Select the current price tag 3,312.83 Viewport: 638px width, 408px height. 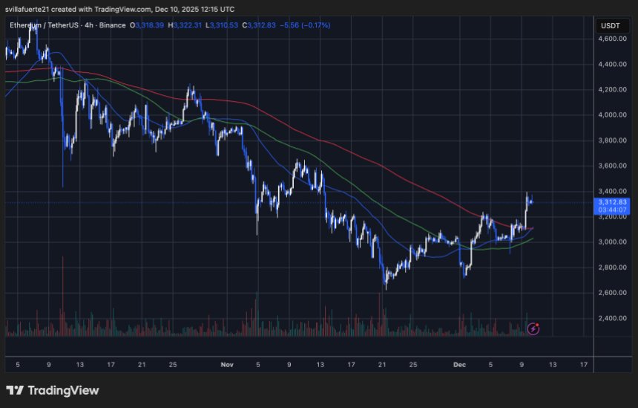pos(612,202)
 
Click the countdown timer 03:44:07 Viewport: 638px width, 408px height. pos(612,210)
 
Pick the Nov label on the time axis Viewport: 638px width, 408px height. pos(227,365)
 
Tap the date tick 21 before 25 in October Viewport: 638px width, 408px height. pos(141,365)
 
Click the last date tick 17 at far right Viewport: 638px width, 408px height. pos(584,365)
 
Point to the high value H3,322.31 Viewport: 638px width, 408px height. pos(185,25)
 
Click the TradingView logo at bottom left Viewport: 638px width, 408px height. pos(52,390)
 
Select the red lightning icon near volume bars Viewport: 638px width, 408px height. pos(533,328)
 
